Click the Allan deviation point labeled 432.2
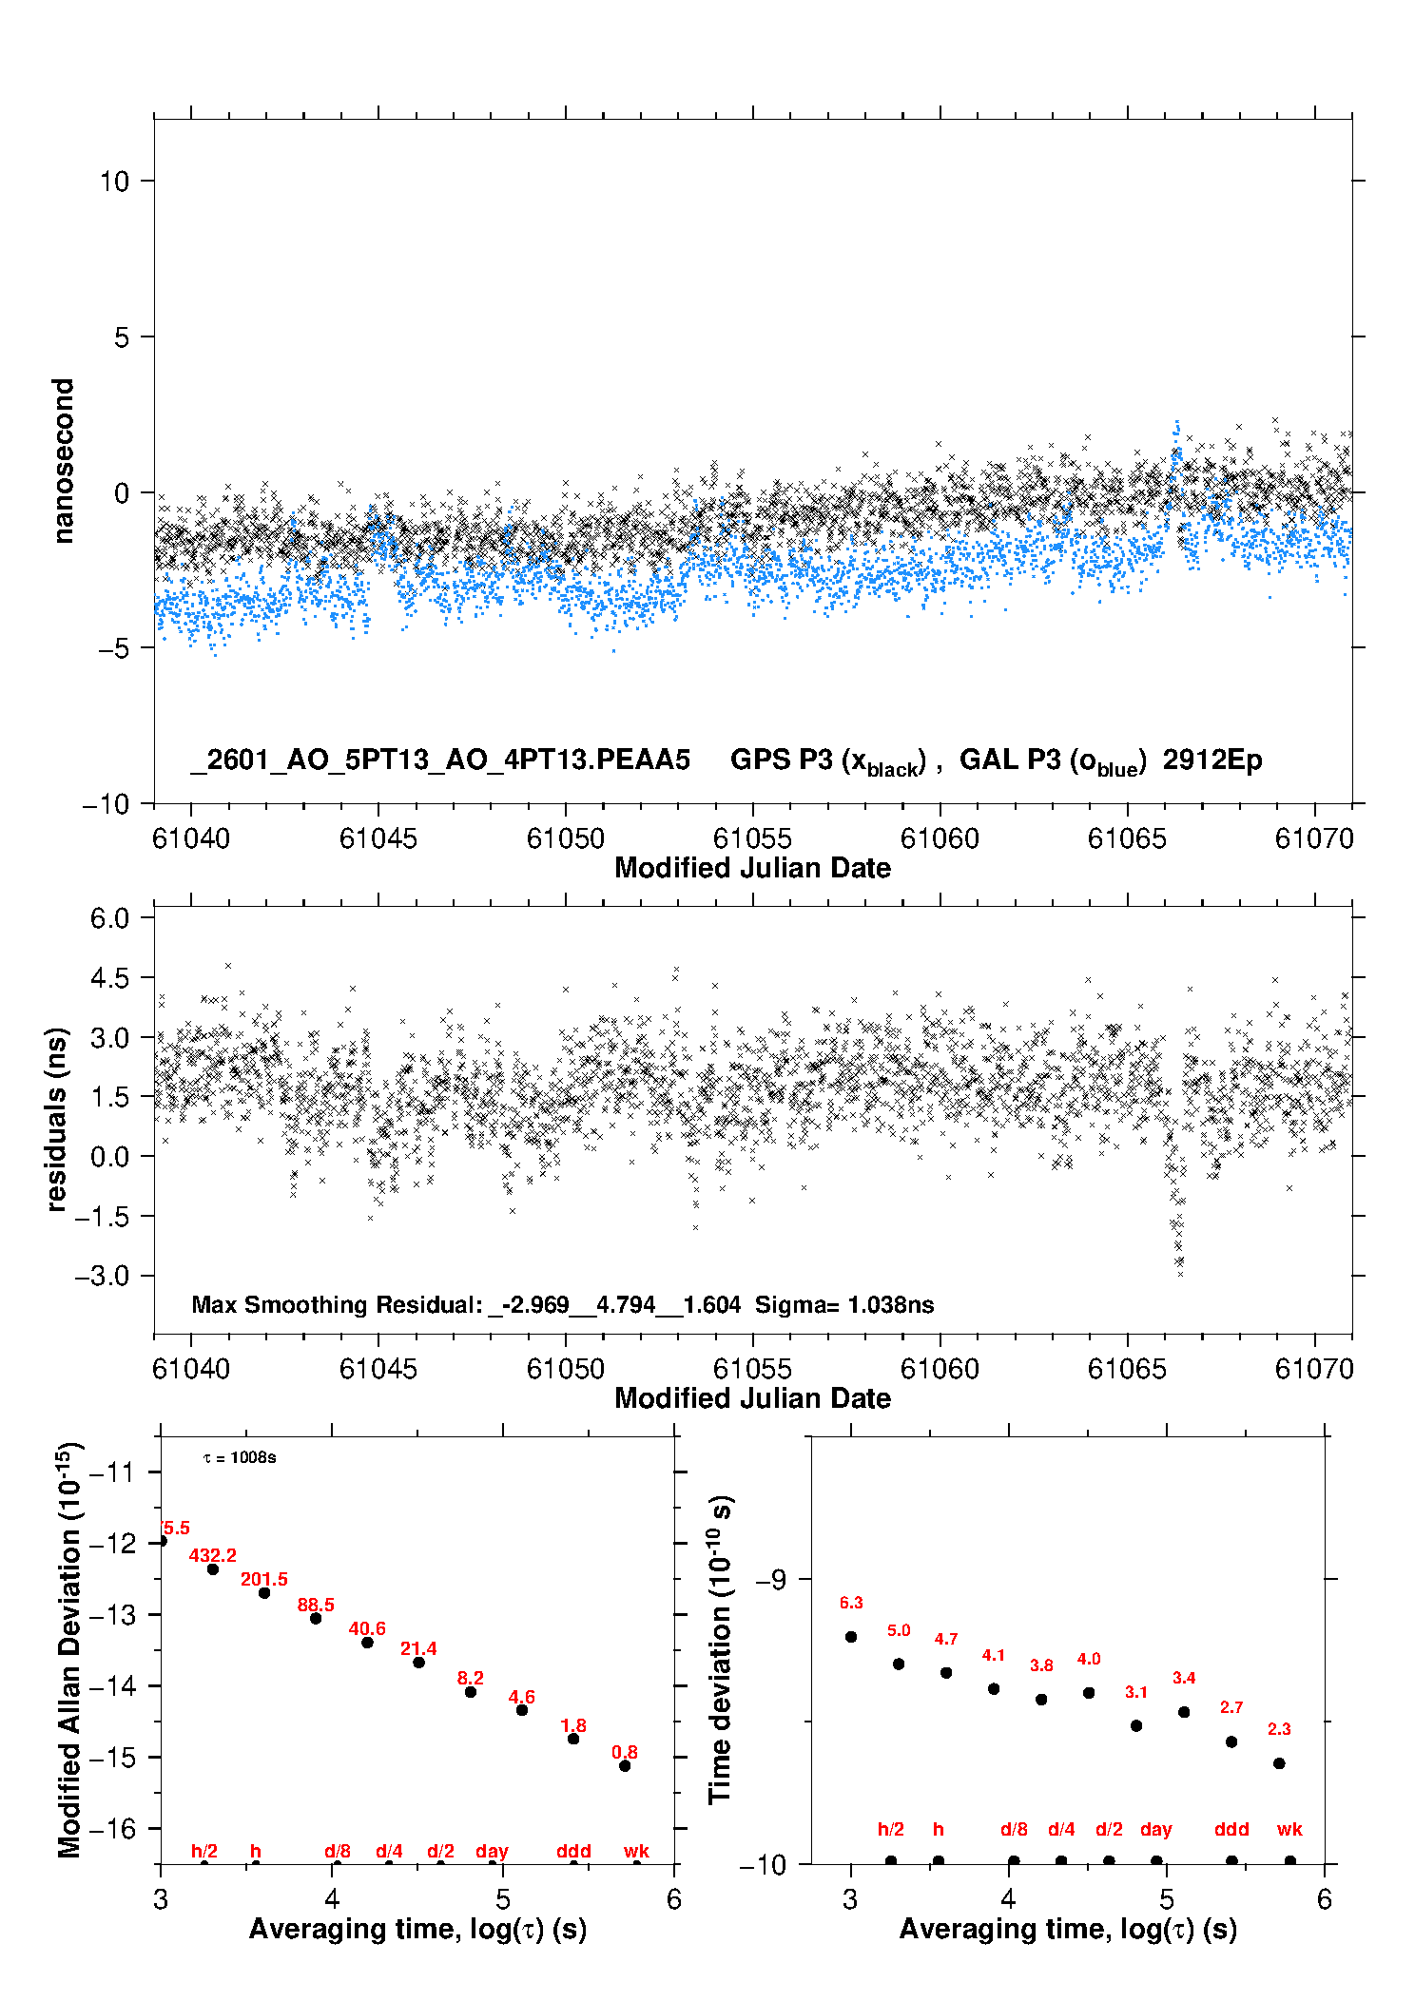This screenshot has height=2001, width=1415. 213,1568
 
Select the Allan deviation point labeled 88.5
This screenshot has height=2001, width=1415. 316,1618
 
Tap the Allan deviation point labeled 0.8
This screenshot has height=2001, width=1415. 625,1765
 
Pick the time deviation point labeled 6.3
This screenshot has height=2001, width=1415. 851,1636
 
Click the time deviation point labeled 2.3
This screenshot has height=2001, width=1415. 1279,1762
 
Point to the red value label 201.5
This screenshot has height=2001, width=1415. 263,1579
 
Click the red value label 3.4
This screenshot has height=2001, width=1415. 1184,1678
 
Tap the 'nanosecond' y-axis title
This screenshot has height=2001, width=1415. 64,461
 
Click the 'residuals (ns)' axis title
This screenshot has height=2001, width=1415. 57,1119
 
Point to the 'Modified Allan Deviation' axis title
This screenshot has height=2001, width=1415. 68,1649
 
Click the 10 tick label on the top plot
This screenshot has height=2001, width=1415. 114,182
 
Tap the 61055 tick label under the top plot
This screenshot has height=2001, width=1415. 752,838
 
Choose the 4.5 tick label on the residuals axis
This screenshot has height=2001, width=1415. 109,978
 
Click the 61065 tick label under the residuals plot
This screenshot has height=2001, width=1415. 1127,1369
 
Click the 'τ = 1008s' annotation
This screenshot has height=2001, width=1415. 240,1457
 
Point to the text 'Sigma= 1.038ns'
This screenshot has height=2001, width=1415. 844,1304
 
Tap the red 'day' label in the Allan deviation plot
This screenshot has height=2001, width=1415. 492,1851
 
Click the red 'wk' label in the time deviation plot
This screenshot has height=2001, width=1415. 1289,1829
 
